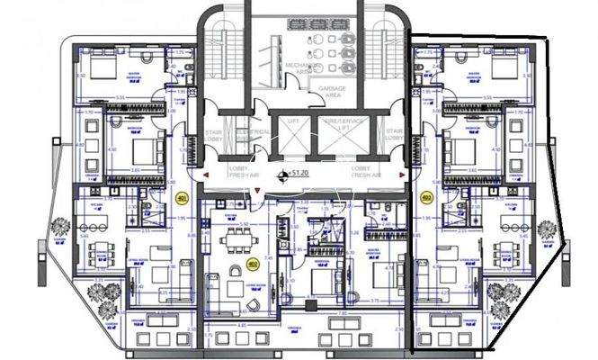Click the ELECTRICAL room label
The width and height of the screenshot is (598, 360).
click(x=255, y=135)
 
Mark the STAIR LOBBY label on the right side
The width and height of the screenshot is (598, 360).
click(x=393, y=135)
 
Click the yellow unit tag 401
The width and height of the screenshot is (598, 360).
click(x=182, y=198)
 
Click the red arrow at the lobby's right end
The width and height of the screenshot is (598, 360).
click(x=401, y=174)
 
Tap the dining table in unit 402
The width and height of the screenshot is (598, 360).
click(x=237, y=238)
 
